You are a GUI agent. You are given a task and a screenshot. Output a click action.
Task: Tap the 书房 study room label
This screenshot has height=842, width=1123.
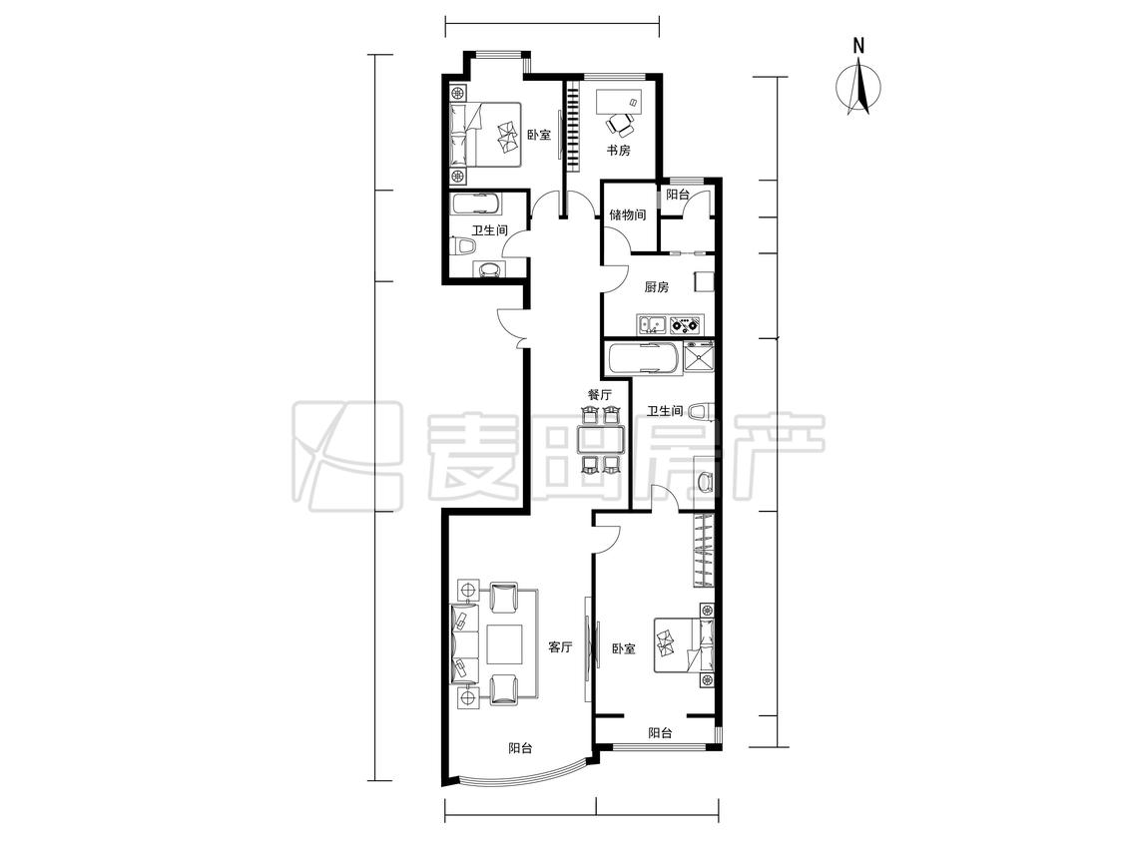click(x=619, y=151)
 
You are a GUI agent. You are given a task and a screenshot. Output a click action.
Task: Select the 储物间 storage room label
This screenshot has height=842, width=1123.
click(x=628, y=214)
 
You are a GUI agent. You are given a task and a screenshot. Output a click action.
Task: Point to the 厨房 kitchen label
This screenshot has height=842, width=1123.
click(x=656, y=287)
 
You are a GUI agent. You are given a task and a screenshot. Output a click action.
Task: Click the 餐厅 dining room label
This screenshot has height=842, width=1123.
click(x=600, y=394)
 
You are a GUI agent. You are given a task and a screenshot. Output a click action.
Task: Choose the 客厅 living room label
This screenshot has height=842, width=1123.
click(x=560, y=647)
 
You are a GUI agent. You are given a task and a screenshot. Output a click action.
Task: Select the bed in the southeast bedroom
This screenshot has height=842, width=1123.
click(x=684, y=645)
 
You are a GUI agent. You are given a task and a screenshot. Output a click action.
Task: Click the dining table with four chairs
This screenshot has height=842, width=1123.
click(x=600, y=439)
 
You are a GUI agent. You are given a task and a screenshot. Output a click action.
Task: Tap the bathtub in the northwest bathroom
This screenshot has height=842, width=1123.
click(x=476, y=205)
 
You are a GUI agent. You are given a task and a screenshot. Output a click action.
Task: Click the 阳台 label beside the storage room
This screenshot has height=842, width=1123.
click(x=678, y=195)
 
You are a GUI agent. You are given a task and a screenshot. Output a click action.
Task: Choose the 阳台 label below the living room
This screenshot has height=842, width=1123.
click(x=521, y=749)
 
